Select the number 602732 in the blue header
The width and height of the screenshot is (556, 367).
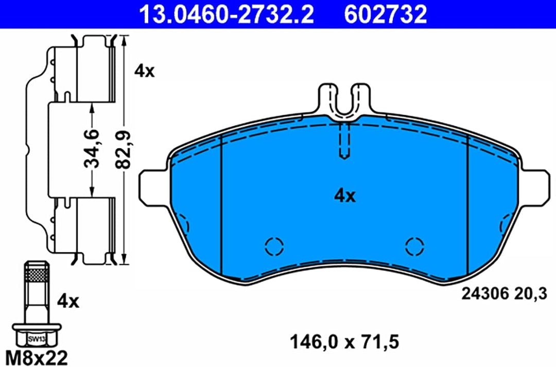pos(386,14)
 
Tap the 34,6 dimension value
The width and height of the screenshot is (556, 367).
pos(92,149)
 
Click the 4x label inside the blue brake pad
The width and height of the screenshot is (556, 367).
pos(344,196)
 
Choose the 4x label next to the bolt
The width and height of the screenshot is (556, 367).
pos(68,302)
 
